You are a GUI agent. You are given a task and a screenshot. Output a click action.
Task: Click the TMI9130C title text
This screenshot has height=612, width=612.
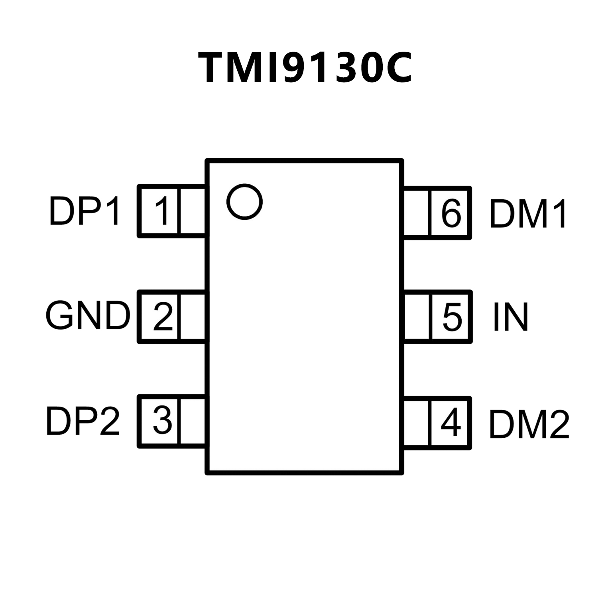coord(305,68)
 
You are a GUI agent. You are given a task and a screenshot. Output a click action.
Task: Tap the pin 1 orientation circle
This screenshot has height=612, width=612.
coord(244,201)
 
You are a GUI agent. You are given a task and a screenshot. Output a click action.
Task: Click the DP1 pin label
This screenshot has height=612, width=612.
coord(84,211)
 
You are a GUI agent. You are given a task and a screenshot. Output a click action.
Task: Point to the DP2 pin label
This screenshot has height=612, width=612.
coord(83,421)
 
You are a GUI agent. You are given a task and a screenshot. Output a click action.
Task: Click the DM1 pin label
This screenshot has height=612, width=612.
coord(527,214)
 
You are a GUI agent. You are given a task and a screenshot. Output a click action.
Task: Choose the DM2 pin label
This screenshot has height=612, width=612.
coord(529,424)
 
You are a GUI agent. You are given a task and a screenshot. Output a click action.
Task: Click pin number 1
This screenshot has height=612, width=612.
coord(162,211)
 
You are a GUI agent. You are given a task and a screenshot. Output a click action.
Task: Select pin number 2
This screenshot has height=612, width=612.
coord(163,317)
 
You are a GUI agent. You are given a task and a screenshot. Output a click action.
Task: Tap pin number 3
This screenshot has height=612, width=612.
coord(163,420)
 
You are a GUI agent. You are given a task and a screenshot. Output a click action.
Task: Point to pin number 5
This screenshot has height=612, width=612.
coord(452,317)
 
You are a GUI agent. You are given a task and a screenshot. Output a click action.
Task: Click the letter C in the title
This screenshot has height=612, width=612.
coord(394,68)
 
